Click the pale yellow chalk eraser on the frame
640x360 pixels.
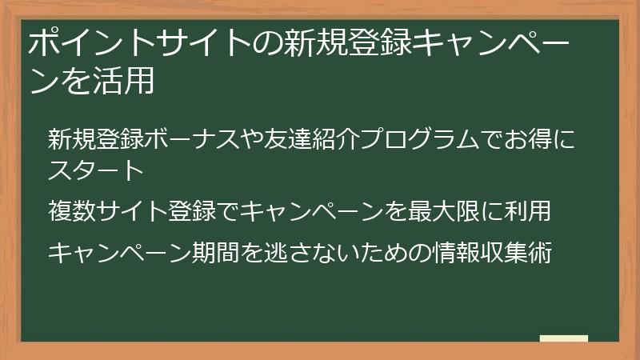click(564, 338)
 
